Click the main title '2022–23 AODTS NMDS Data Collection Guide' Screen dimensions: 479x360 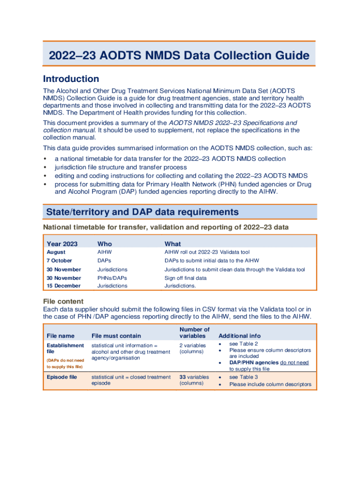pyautogui.click(x=179, y=56)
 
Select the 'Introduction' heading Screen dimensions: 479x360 pyautogui.click(x=71, y=79)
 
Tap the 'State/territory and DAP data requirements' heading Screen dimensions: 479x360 pyautogui.click(x=142, y=212)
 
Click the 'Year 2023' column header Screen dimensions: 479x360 pyautogui.click(x=62, y=244)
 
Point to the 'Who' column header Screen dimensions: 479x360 pyautogui.click(x=104, y=244)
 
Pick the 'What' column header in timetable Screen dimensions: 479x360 pyautogui.click(x=173, y=244)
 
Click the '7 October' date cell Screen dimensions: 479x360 pyautogui.click(x=59, y=261)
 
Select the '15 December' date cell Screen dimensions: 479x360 pyautogui.click(x=64, y=286)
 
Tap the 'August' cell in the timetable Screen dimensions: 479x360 pyautogui.click(x=56, y=252)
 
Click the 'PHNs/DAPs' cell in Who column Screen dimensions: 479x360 pyautogui.click(x=112, y=278)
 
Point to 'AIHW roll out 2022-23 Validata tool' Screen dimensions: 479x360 pyautogui.click(x=207, y=252)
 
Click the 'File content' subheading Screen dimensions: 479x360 pyautogui.click(x=63, y=301)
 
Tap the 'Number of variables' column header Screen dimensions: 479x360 pyautogui.click(x=194, y=333)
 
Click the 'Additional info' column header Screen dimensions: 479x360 pyautogui.click(x=239, y=336)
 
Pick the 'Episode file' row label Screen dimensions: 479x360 pyautogui.click(x=62, y=377)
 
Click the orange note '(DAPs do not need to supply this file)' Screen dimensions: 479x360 pyautogui.click(x=65, y=363)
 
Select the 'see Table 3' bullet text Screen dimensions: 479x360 pyautogui.click(x=243, y=377)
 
